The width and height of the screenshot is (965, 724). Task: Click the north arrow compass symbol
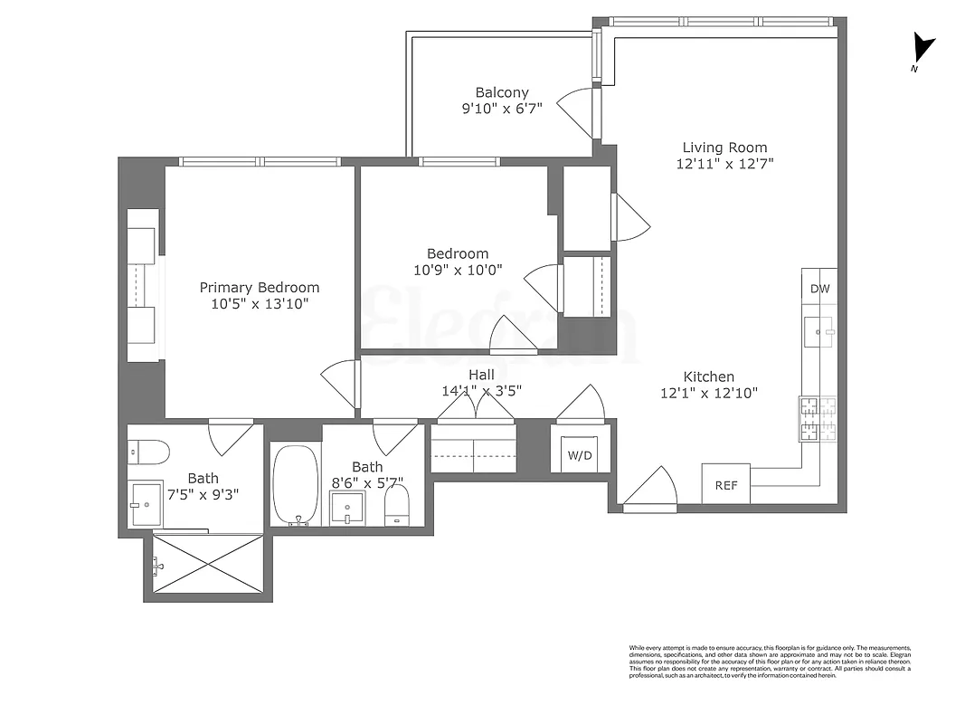tap(922, 49)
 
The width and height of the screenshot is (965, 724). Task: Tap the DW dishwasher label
tap(819, 290)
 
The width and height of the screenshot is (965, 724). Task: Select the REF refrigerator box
tap(726, 485)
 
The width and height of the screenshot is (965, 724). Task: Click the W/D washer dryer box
tap(579, 454)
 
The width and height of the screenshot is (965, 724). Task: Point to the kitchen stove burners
tap(818, 419)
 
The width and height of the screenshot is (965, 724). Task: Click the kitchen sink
tap(821, 333)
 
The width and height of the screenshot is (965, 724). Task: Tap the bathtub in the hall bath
tap(296, 484)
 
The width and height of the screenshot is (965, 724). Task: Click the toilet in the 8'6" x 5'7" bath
tap(397, 505)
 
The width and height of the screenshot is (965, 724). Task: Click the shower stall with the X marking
tap(208, 564)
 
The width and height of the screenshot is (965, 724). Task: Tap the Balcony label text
tap(502, 92)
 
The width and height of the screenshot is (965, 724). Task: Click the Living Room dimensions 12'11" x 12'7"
tap(724, 164)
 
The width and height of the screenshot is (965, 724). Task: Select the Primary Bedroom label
tap(260, 288)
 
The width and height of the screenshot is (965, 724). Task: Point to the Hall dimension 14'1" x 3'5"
tap(481, 391)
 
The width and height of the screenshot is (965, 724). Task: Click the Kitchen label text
tap(708, 376)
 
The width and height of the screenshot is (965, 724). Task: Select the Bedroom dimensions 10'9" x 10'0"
tap(458, 270)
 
